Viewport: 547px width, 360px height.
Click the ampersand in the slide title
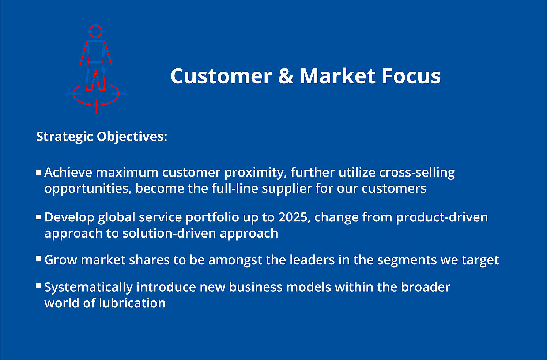(286, 76)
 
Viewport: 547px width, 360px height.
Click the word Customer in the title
(221, 76)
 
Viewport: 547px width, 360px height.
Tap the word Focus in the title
(411, 76)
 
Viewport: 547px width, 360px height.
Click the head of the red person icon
(95, 31)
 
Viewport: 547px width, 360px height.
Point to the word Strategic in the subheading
(64, 137)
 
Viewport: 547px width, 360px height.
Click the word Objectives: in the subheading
(132, 137)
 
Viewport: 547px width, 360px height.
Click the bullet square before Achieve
(39, 173)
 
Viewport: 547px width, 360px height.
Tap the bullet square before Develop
(39, 217)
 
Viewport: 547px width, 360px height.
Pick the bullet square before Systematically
(39, 286)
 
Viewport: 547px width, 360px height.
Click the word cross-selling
(417, 173)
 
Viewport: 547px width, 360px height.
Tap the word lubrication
(132, 303)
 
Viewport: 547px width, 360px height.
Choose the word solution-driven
(169, 233)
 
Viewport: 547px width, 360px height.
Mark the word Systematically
(88, 288)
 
